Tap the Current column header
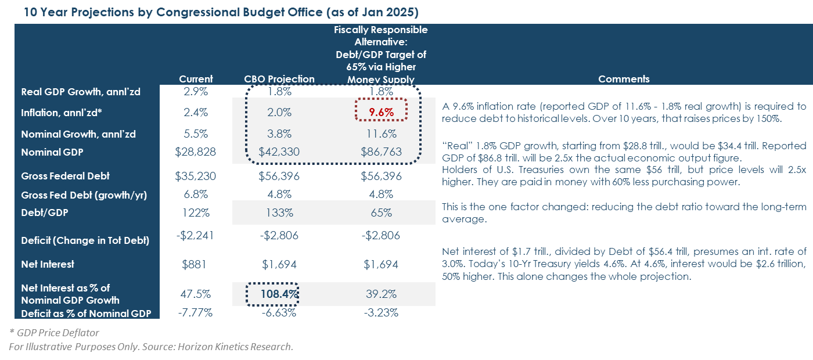(196, 79)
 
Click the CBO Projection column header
(279, 79)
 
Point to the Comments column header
(624, 79)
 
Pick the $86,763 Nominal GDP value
(380, 153)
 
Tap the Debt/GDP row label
(44, 213)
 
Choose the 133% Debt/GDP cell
(279, 213)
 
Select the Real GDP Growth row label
(81, 92)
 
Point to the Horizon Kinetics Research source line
(151, 347)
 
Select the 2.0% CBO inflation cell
(279, 112)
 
